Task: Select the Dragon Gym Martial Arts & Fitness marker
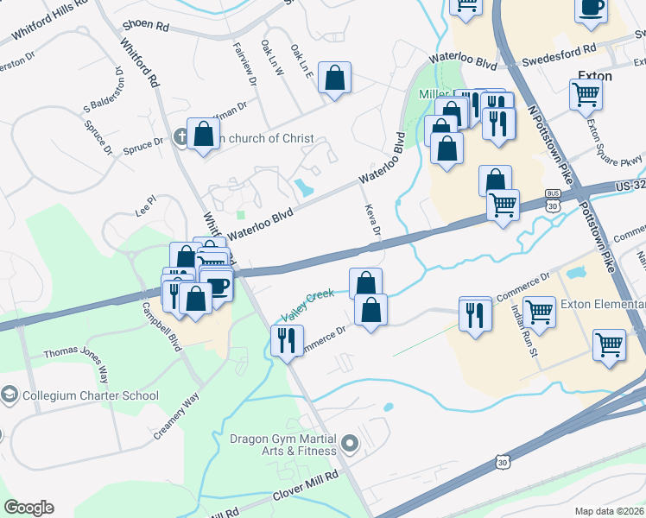350,445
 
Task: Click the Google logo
28,508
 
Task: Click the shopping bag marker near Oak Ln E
334,78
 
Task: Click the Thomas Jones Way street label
77,363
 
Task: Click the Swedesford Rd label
560,58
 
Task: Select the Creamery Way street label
178,418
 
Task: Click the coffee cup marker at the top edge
591,9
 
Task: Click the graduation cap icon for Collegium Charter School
9,396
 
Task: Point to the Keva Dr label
373,219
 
